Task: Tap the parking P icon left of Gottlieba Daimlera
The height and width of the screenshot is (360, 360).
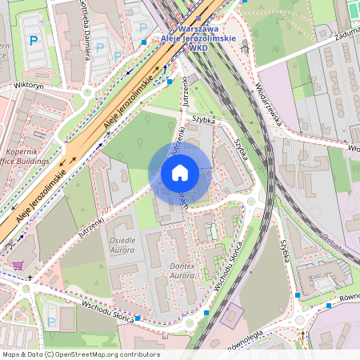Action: coord(33,40)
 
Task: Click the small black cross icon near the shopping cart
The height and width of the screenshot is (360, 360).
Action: coord(30,278)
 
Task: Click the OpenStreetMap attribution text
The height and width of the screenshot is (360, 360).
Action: coord(80,354)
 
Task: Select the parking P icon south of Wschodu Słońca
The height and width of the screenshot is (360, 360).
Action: coord(51,322)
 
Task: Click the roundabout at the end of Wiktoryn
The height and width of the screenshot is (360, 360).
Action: coord(86,92)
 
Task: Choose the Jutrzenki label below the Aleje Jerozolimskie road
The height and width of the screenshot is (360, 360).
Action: coord(92,222)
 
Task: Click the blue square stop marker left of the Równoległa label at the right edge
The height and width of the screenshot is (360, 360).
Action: coord(329,306)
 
